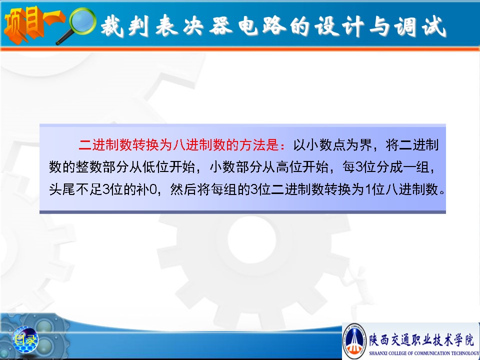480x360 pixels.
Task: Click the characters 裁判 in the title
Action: tap(124, 26)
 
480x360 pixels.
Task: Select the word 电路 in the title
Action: tap(261, 26)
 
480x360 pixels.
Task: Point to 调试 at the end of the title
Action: tap(419, 26)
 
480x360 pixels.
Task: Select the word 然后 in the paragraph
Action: tap(183, 189)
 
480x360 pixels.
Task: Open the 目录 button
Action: tap(25, 339)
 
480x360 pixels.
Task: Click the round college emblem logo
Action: tap(355, 340)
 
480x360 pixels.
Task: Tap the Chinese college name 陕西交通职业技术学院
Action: tap(421, 339)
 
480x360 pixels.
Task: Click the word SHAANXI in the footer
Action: tap(378, 353)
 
